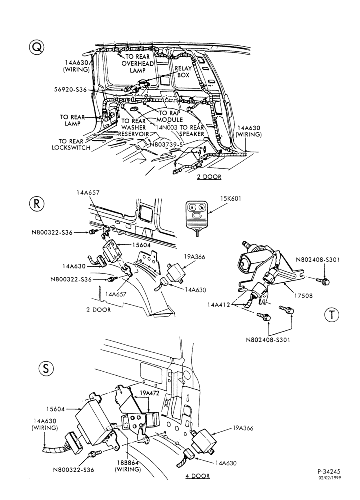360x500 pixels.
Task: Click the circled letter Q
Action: point(37,48)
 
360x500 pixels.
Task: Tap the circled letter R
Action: point(37,204)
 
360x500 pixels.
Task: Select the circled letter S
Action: point(46,368)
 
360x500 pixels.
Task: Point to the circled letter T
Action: point(332,315)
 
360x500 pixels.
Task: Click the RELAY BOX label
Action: point(183,71)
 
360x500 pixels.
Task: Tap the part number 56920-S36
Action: point(70,90)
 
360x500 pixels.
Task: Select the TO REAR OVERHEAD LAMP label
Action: point(138,64)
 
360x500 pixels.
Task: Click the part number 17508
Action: point(303,296)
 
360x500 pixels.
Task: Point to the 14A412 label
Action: point(218,305)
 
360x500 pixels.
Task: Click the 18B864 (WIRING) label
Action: point(128,466)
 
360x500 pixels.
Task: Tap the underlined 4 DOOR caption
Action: point(198,476)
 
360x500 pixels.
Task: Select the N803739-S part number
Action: point(166,145)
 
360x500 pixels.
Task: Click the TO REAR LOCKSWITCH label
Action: point(71,144)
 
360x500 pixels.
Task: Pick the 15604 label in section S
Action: point(56,409)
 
